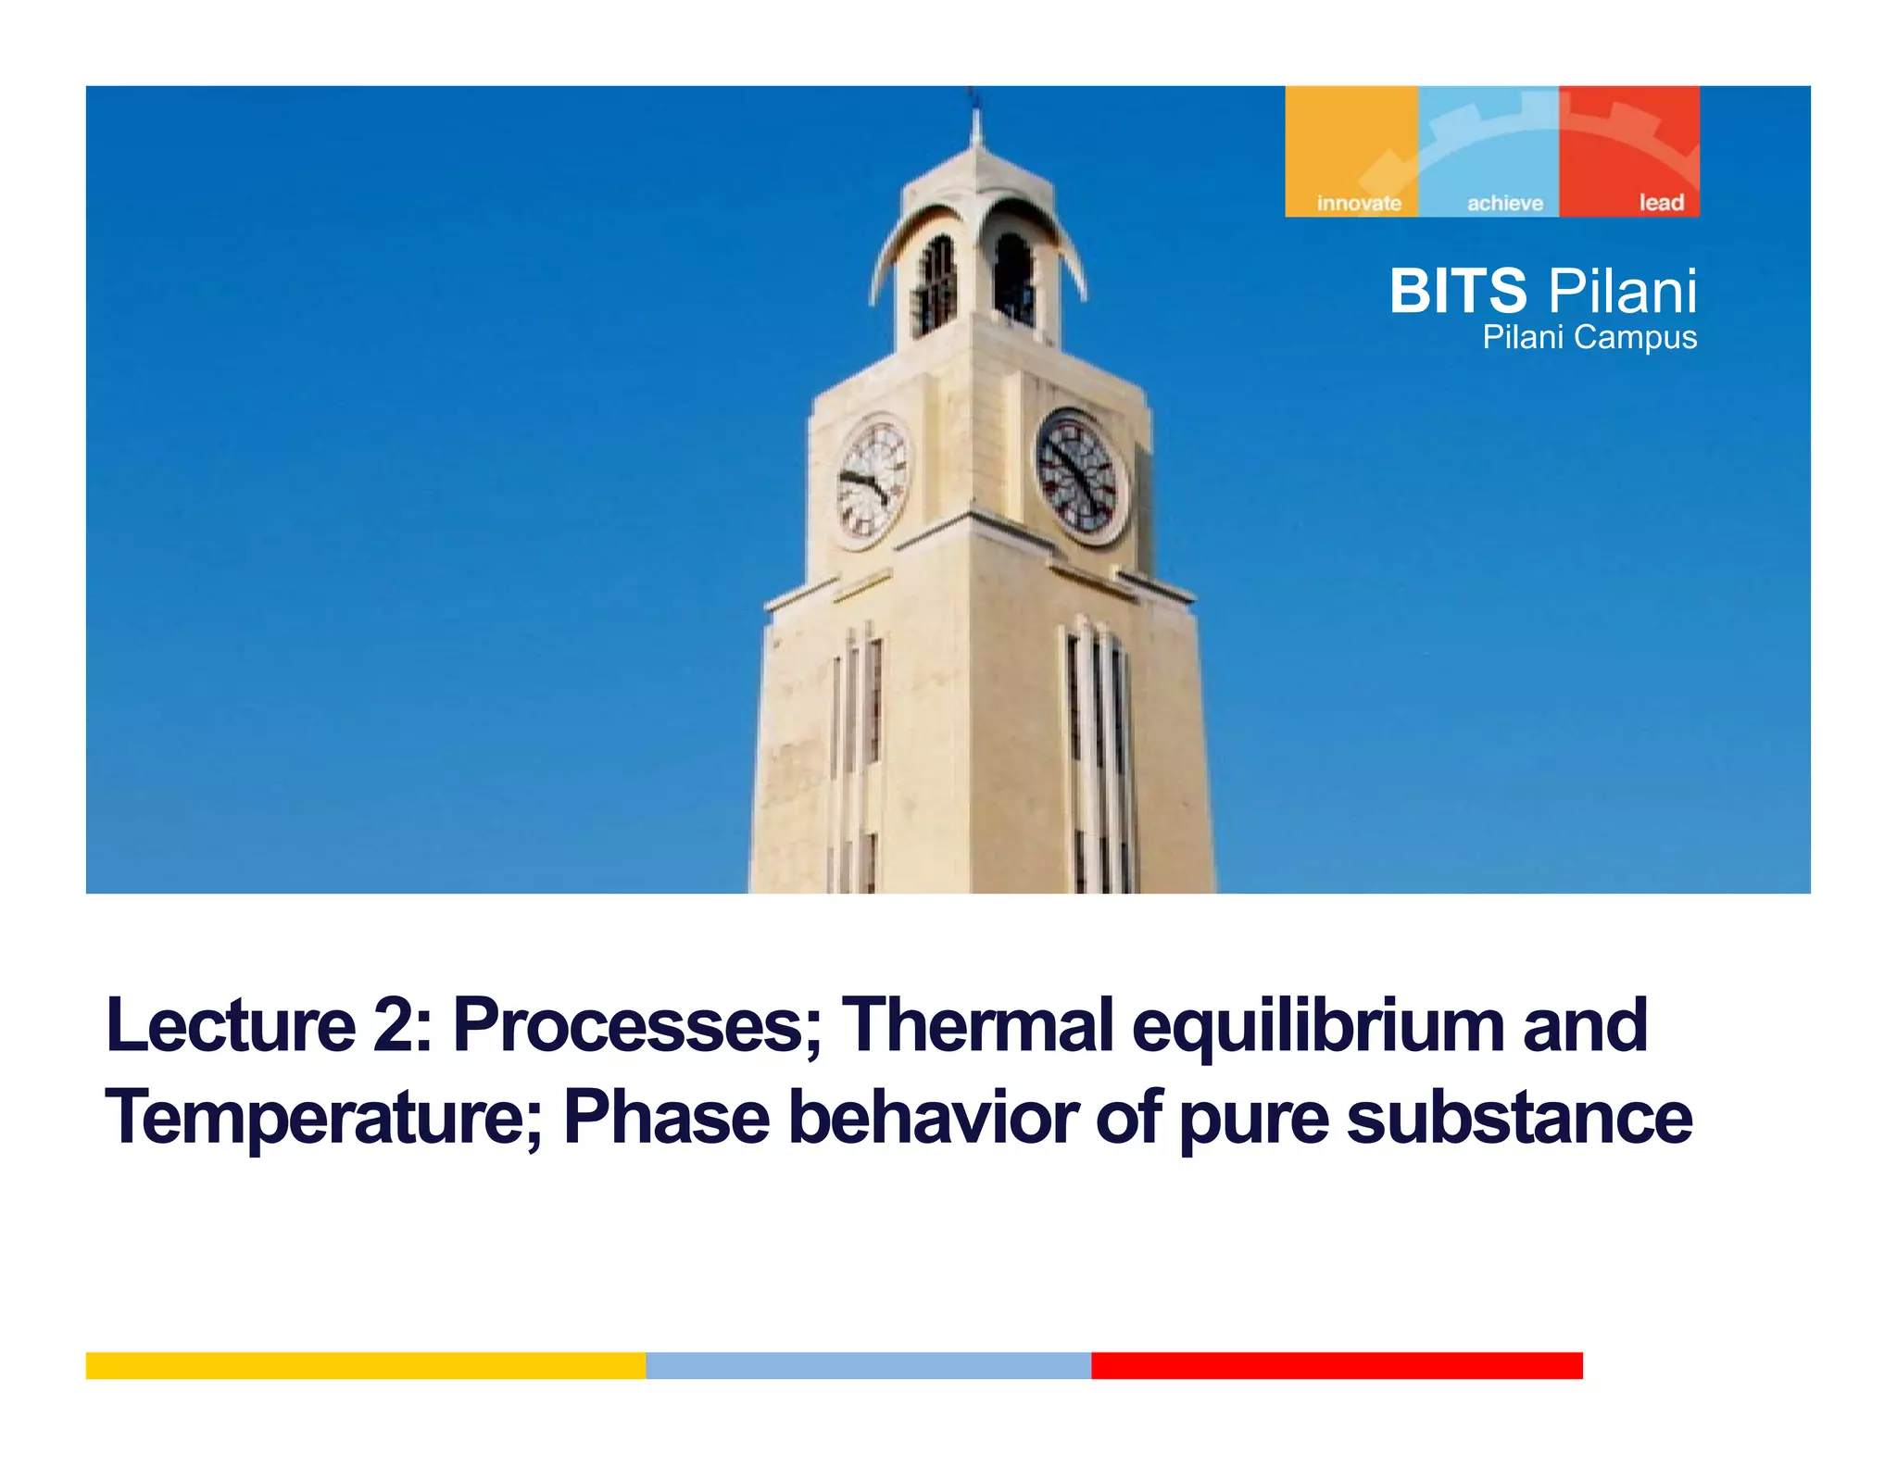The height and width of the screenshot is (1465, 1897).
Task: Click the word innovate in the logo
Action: (1358, 203)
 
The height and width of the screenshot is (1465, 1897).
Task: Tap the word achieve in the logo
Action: (1504, 203)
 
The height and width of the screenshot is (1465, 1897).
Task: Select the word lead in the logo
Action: (1661, 202)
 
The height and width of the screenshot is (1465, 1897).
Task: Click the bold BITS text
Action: (1457, 291)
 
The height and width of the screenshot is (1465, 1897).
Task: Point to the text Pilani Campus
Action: (1589, 337)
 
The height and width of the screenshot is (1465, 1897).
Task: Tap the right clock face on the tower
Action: (1080, 476)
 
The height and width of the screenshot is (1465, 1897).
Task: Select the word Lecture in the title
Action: (231, 1025)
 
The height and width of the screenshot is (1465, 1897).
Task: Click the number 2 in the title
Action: (396, 1025)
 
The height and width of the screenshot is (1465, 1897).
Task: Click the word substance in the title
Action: (1519, 1118)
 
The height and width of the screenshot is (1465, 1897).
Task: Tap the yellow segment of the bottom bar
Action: (366, 1365)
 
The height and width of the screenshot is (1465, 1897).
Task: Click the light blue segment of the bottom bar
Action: (868, 1365)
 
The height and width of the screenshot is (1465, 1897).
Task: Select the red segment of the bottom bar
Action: (1337, 1365)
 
